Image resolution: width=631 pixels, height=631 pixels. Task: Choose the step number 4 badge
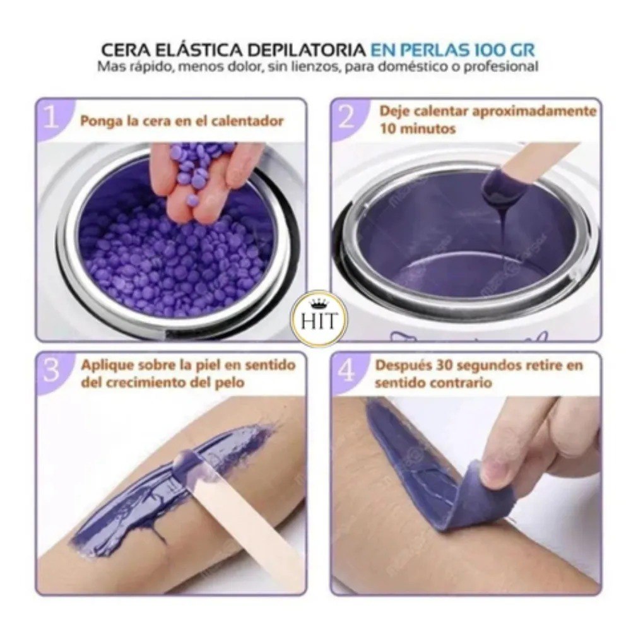coord(348,370)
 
